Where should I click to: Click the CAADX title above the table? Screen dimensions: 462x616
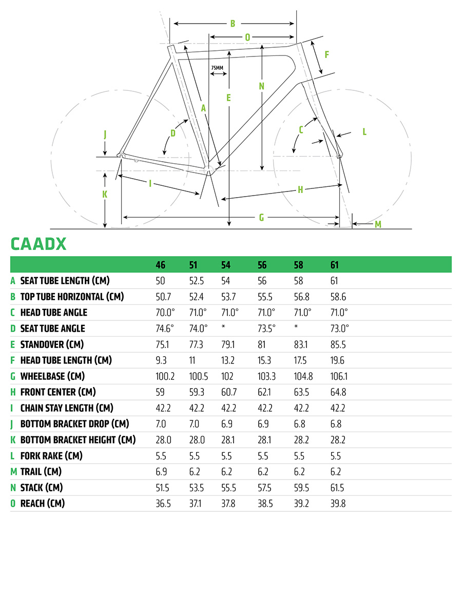38,244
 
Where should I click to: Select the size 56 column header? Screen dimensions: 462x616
262,265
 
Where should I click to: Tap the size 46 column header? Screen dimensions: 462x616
161,265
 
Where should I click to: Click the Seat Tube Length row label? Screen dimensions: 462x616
65,280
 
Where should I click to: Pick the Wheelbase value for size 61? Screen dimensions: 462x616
339,376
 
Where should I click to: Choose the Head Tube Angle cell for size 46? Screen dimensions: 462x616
165,312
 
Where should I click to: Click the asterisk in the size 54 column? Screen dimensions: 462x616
223,326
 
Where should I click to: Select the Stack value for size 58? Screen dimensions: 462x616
301,488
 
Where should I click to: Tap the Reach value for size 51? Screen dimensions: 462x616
195,504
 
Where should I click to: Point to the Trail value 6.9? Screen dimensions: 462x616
161,472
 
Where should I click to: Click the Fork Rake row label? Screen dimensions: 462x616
51,456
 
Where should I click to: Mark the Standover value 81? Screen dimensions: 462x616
261,344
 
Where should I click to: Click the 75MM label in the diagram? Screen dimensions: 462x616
217,68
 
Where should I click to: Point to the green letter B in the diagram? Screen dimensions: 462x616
233,24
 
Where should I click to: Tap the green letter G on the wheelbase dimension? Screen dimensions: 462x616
261,217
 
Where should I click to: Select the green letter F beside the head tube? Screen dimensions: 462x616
326,54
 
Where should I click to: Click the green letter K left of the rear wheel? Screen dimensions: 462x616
105,194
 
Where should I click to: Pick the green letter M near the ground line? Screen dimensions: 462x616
378,224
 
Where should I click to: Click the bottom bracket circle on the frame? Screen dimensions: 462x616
209,170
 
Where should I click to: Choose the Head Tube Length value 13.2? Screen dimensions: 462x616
227,360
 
